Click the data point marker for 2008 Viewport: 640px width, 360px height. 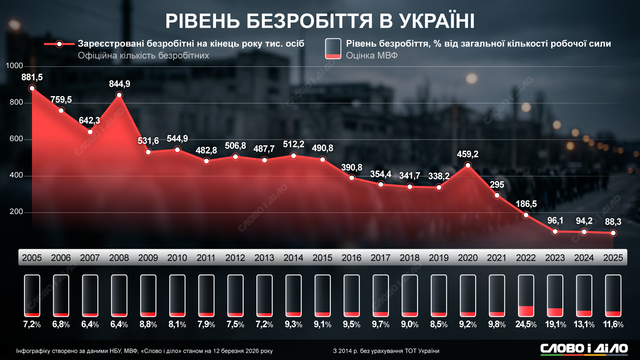119,95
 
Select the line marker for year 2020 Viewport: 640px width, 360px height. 468,165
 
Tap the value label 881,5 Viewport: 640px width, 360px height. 32,77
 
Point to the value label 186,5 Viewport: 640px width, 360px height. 526,204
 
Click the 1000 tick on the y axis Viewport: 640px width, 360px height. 14,66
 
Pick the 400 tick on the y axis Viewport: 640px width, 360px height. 16,175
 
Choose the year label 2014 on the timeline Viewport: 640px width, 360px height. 293,258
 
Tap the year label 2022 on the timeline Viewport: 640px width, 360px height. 526,258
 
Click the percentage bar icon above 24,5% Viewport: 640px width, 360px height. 526,296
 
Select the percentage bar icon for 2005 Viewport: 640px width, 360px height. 32,296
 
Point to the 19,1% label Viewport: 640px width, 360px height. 555,324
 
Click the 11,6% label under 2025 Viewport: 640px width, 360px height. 613,324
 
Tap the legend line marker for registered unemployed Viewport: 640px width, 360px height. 59,44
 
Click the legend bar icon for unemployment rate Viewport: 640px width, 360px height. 333,49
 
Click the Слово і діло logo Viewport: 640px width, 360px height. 584,349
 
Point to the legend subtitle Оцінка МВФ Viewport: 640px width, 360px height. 372,56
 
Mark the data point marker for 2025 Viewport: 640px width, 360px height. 613,233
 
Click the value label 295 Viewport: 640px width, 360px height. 497,185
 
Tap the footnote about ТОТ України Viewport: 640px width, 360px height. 386,351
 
